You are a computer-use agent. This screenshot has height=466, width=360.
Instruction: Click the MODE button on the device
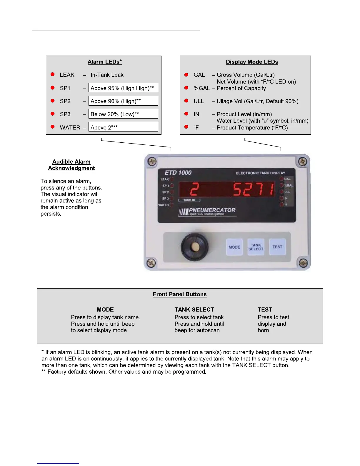click(x=234, y=247)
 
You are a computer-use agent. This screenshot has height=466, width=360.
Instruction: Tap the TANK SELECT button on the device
click(x=256, y=247)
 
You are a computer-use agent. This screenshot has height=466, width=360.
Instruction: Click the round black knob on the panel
click(x=194, y=247)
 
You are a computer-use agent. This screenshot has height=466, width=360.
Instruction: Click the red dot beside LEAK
click(x=53, y=74)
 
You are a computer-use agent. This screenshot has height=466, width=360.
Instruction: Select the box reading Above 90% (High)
click(x=123, y=101)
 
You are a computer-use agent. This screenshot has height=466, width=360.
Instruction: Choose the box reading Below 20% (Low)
click(x=123, y=114)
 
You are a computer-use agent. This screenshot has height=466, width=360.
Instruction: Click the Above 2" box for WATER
click(x=123, y=127)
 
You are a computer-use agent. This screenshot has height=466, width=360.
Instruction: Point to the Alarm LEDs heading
click(x=104, y=62)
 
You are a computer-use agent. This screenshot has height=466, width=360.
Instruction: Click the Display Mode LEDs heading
click(x=252, y=62)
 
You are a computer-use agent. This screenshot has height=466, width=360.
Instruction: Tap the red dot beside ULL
click(x=186, y=101)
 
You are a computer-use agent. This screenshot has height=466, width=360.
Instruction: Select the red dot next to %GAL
click(x=186, y=88)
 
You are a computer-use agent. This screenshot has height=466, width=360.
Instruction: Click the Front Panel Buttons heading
click(x=180, y=294)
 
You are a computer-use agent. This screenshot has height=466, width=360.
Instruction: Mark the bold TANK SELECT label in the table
click(x=194, y=309)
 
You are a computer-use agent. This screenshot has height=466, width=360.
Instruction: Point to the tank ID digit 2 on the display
click(x=194, y=189)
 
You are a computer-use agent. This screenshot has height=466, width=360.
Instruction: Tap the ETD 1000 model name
click(x=178, y=173)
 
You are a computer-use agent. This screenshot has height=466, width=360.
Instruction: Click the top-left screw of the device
click(x=152, y=162)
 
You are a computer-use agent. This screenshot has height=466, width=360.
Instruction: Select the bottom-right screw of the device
click(x=303, y=263)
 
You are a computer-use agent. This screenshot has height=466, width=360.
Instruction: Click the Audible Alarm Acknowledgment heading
click(x=71, y=165)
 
